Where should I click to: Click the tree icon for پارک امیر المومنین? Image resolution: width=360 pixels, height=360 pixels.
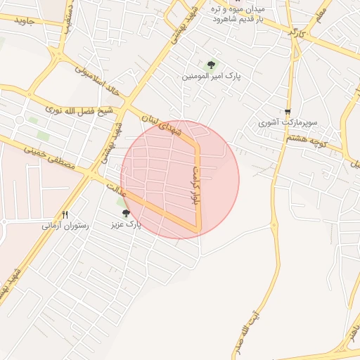(209, 65)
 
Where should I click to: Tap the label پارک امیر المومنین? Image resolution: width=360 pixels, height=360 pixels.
(208, 75)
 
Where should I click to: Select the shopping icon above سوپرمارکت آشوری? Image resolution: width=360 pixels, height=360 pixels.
(288, 112)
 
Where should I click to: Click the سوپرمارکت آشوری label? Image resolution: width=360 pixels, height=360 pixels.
(287, 122)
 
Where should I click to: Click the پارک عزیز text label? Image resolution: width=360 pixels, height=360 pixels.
(126, 225)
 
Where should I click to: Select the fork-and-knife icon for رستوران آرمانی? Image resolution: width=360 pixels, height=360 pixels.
(65, 215)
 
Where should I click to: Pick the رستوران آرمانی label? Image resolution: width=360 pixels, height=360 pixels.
(65, 226)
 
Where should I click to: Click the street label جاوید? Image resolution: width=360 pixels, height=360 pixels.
(24, 21)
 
